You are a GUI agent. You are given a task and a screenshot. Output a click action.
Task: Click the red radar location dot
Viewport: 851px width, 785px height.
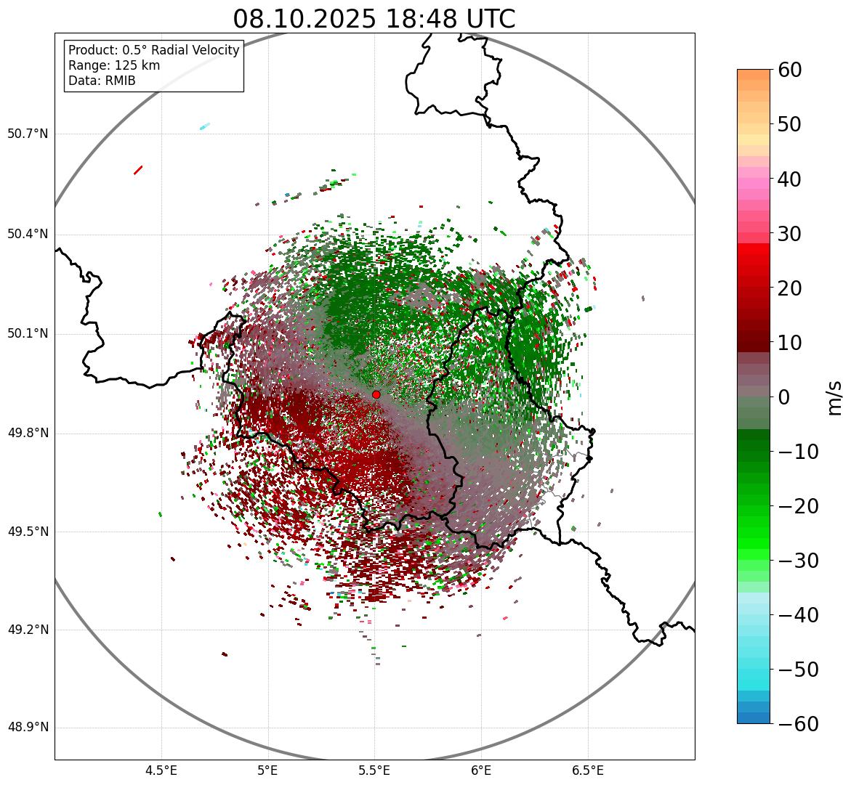376,394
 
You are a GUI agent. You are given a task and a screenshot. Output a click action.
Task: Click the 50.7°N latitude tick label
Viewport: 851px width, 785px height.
28,134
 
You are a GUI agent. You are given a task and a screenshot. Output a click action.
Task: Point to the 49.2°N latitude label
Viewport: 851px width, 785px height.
28,630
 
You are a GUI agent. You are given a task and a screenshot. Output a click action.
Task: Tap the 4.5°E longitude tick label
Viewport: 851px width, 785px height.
161,770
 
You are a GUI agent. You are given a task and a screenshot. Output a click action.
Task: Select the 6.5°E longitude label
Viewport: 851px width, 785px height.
587,770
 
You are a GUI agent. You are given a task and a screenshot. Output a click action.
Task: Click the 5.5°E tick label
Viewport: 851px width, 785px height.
374,770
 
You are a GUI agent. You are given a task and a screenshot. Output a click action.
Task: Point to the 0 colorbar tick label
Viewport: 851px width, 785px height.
784,397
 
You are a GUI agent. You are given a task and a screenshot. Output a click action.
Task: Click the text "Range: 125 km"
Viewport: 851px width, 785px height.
114,65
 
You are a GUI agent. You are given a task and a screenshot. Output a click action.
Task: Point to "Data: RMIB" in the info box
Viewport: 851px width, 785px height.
102,81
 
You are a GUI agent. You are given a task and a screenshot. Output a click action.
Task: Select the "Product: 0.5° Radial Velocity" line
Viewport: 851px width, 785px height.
153,50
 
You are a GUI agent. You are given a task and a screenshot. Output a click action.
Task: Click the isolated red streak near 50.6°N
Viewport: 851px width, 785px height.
138,170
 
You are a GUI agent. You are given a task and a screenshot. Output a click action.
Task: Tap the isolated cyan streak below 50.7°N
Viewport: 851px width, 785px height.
205,126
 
